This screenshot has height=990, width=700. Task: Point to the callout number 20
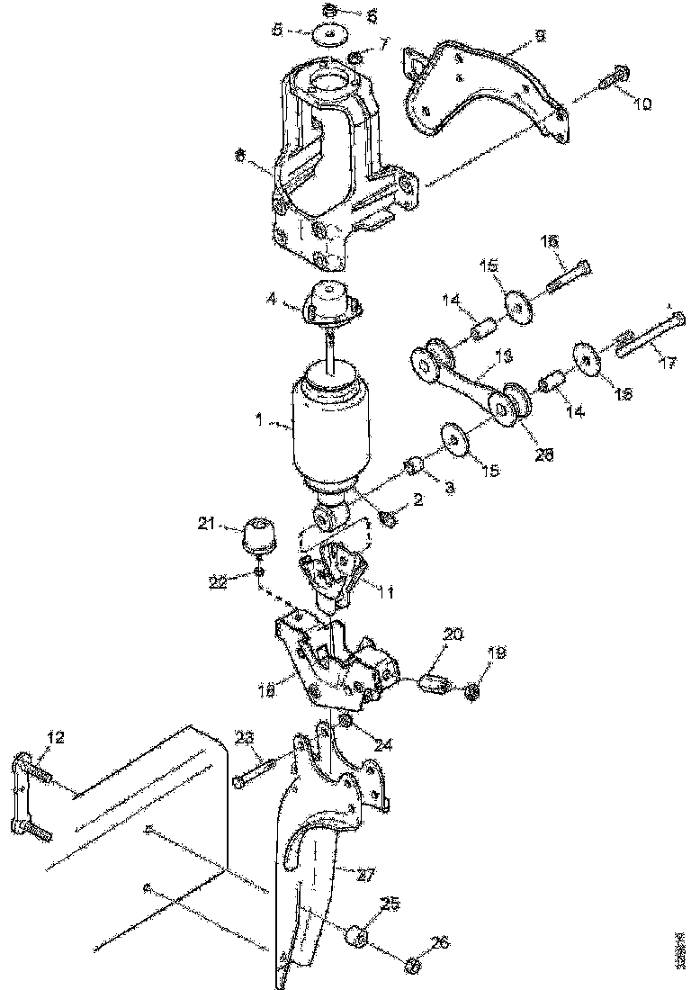453,634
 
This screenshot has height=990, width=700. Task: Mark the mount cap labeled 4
330,302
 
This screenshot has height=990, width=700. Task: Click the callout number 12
56,738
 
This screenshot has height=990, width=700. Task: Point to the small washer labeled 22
259,572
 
